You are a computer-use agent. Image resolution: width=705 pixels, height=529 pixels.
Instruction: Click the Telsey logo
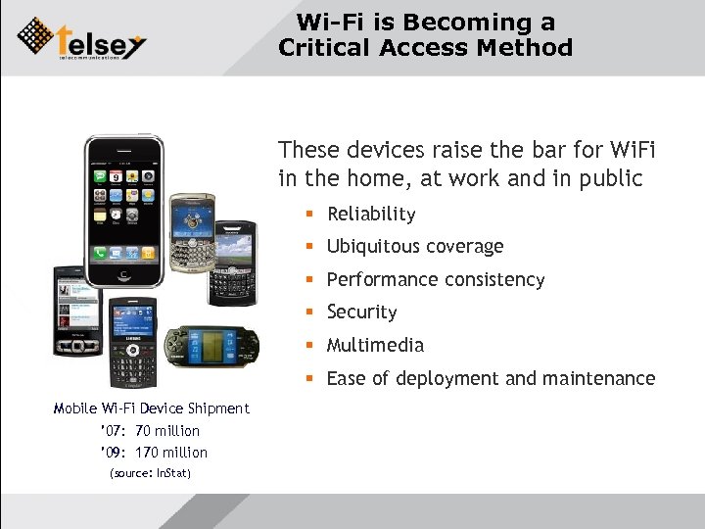[82, 38]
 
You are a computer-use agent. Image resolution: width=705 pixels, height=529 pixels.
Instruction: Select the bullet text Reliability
[371, 214]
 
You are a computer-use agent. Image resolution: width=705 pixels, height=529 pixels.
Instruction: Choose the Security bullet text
[361, 313]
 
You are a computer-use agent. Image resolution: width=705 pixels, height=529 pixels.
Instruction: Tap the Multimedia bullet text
[375, 345]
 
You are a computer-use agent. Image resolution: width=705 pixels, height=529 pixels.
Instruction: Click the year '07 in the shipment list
[110, 431]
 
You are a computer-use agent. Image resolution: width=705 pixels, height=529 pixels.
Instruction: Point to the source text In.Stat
[173, 474]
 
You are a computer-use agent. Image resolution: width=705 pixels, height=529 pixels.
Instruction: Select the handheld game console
[210, 348]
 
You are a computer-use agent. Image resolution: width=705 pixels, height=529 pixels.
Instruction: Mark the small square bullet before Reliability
[307, 215]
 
